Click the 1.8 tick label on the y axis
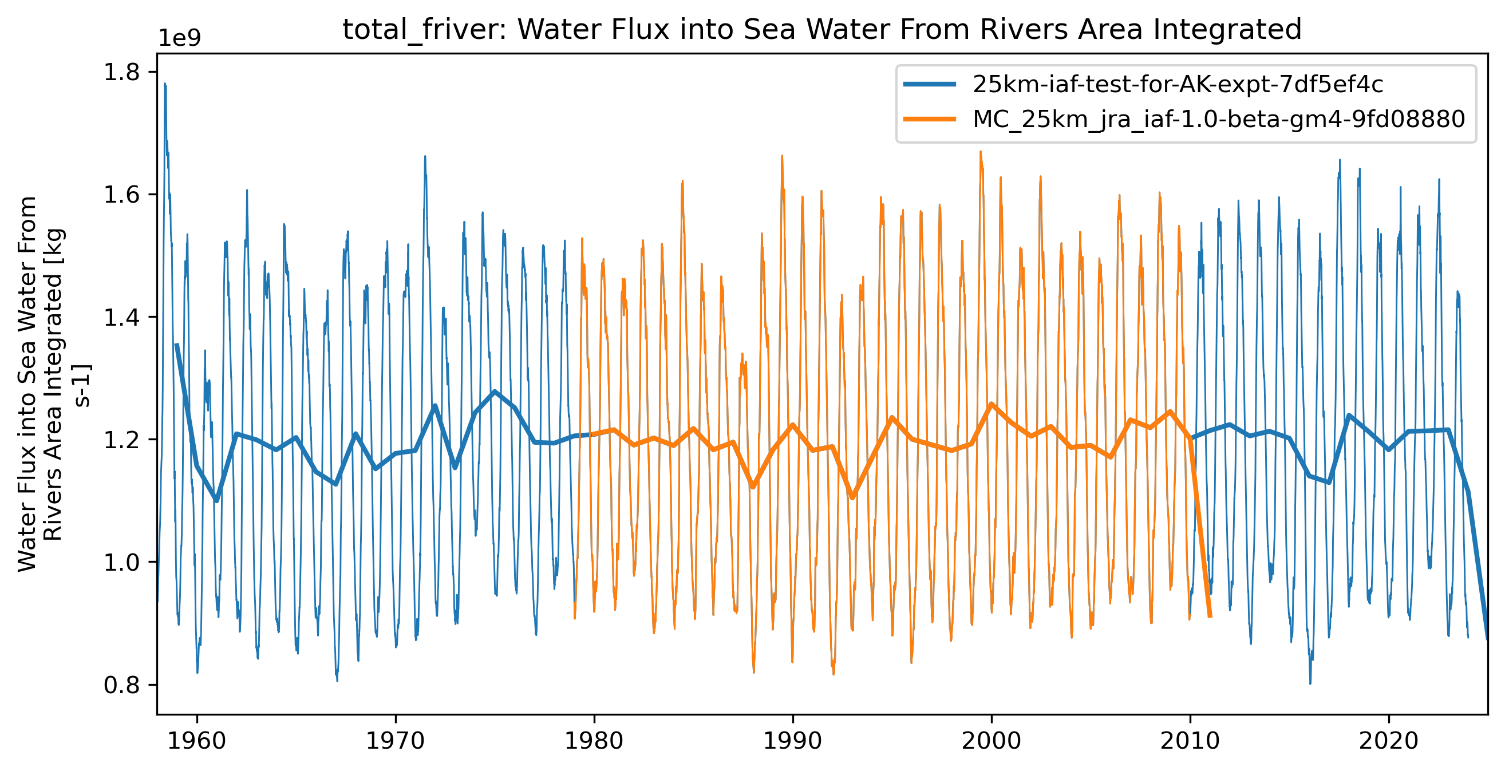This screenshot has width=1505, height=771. pos(121,72)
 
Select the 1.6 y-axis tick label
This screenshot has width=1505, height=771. pos(121,195)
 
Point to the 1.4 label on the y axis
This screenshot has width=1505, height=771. pos(121,317)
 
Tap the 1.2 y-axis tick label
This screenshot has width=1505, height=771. pos(121,440)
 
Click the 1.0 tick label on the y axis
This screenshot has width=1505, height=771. pos(121,563)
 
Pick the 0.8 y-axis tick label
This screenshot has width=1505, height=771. pos(121,685)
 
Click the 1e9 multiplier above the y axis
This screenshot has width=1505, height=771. pos(180,38)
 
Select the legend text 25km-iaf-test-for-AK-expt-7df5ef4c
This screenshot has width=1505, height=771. pos(1177,85)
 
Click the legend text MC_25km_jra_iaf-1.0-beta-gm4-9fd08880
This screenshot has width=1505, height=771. pos(1219,119)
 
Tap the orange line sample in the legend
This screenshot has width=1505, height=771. pos(930,119)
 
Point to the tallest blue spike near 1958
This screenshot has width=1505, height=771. pos(165,85)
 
